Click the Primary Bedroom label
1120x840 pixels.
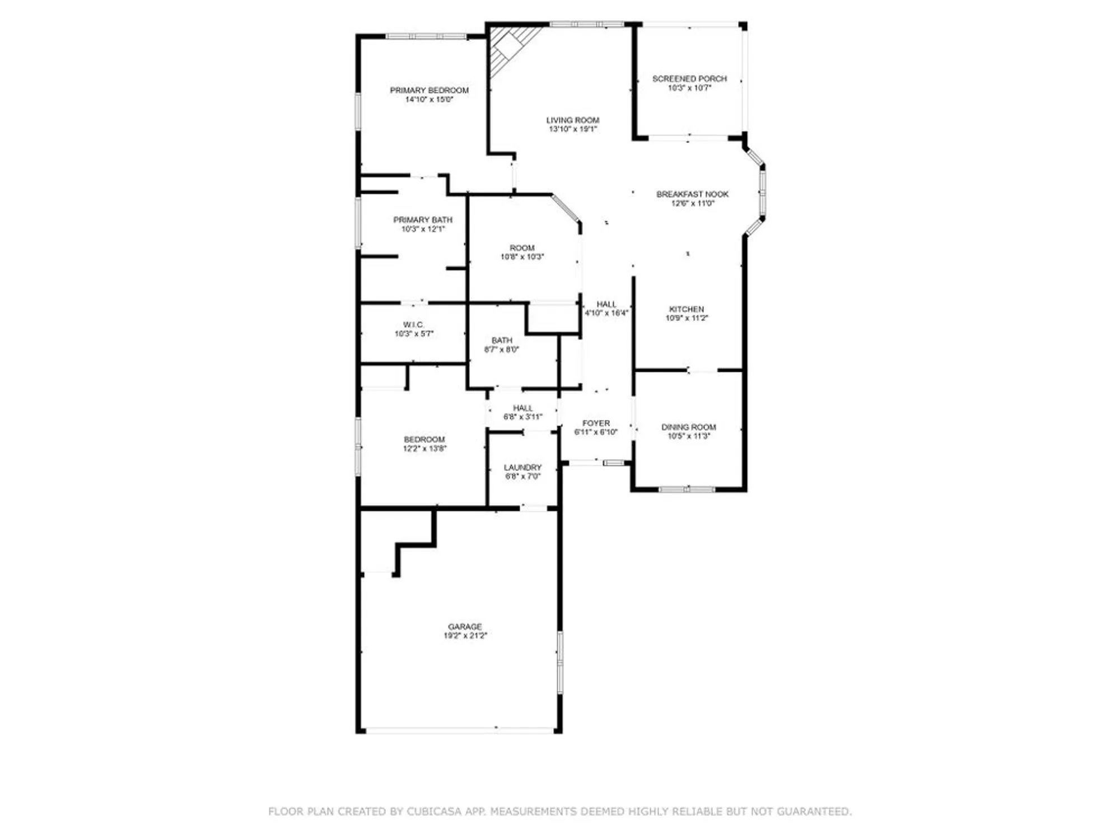[x=429, y=90]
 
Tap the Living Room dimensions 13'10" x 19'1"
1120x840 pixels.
[x=573, y=129]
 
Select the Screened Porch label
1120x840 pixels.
[x=689, y=79]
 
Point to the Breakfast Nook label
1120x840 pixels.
[x=692, y=194]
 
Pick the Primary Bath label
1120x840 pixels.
[x=423, y=220]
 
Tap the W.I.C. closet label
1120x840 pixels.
[x=414, y=325]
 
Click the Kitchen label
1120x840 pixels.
[x=687, y=309]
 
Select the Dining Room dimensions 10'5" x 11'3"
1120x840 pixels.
[x=688, y=436]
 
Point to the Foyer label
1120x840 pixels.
[x=596, y=423]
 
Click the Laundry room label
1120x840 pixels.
[x=522, y=468]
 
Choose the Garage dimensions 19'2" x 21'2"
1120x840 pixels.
[x=465, y=636]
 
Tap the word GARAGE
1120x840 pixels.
[x=465, y=627]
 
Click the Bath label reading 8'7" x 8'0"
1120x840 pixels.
[x=502, y=344]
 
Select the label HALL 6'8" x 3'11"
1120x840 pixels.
[x=522, y=412]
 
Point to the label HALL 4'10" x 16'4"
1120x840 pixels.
[x=606, y=309]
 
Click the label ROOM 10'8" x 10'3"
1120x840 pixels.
[x=522, y=252]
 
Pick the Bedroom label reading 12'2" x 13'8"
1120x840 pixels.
[x=424, y=444]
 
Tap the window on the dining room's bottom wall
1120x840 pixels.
[x=687, y=489]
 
